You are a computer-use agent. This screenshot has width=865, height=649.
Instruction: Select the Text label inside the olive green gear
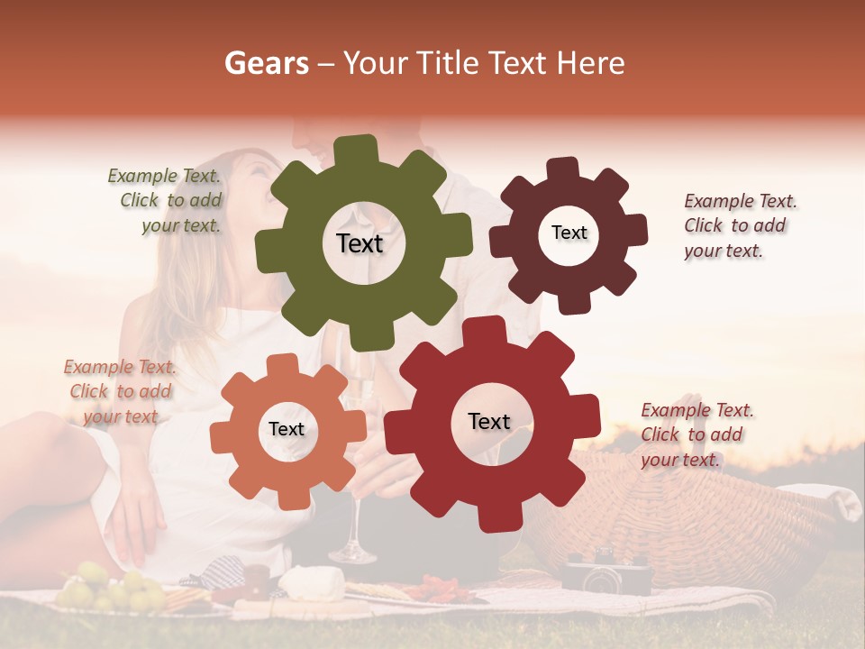coord(360,243)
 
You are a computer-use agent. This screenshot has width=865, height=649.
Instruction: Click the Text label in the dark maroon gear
coord(569,233)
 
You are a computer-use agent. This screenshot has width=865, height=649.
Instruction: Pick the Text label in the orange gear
coord(286,429)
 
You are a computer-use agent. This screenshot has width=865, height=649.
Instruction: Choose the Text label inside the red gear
coord(489,421)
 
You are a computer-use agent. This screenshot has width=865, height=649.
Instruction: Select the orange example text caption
coord(120,391)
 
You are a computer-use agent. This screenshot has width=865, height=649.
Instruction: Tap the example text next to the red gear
coord(695,434)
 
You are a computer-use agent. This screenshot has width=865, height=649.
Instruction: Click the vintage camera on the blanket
coord(605,570)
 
